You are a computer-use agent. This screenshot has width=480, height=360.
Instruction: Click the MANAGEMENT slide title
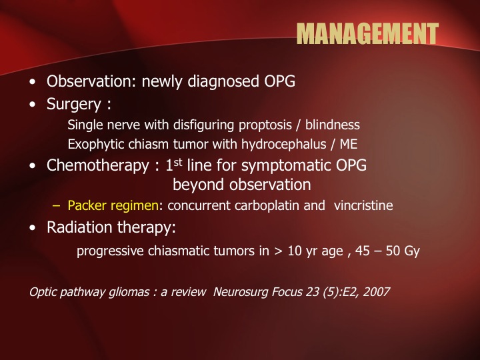click(x=367, y=33)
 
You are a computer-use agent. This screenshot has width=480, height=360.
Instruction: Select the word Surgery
click(x=74, y=105)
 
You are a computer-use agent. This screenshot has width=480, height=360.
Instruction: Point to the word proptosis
click(x=265, y=125)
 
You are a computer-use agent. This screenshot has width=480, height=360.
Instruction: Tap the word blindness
click(x=333, y=125)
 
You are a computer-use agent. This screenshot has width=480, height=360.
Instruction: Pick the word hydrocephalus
click(x=284, y=144)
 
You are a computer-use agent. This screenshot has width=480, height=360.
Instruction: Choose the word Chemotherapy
click(x=97, y=165)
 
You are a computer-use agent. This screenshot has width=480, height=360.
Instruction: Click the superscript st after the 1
click(x=178, y=162)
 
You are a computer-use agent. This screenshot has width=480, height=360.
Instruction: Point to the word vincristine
click(x=363, y=205)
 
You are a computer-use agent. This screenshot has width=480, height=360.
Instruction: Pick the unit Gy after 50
click(x=412, y=251)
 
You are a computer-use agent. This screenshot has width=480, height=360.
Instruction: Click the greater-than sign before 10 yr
click(x=278, y=251)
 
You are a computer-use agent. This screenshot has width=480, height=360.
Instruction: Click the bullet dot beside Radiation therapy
click(x=33, y=228)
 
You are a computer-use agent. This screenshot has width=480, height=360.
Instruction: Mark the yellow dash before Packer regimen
click(x=56, y=205)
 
